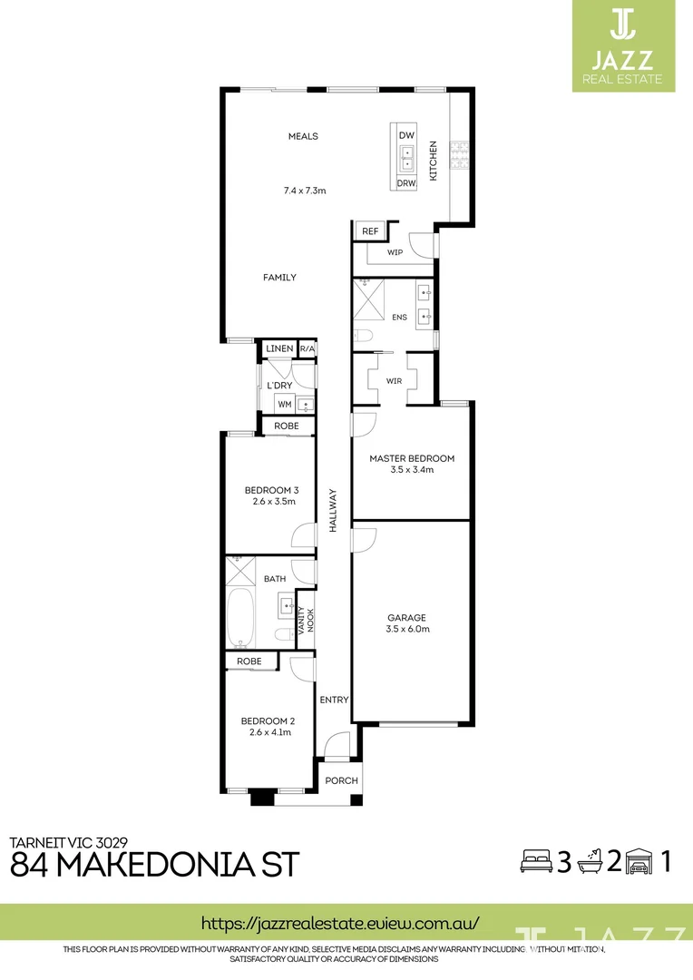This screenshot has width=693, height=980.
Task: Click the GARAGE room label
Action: click(x=406, y=618)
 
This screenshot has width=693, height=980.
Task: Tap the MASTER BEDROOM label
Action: click(x=411, y=458)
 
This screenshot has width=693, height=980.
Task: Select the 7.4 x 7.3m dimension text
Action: click(x=304, y=191)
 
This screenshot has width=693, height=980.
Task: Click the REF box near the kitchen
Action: click(x=369, y=232)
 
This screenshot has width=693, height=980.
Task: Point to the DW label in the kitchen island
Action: click(x=406, y=135)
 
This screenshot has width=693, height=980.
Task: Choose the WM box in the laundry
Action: click(x=284, y=405)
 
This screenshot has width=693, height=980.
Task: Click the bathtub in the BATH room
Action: click(x=242, y=616)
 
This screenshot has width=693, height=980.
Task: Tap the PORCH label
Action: click(x=341, y=780)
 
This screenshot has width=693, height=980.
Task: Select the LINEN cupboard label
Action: click(x=279, y=349)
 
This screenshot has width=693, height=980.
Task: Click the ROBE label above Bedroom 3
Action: click(x=287, y=425)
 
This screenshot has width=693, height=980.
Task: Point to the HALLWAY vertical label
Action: click(x=333, y=510)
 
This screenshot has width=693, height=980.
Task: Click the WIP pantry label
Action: click(x=395, y=252)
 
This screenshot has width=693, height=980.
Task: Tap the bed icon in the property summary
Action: click(x=534, y=860)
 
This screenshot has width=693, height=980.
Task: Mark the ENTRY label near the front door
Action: click(x=334, y=700)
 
